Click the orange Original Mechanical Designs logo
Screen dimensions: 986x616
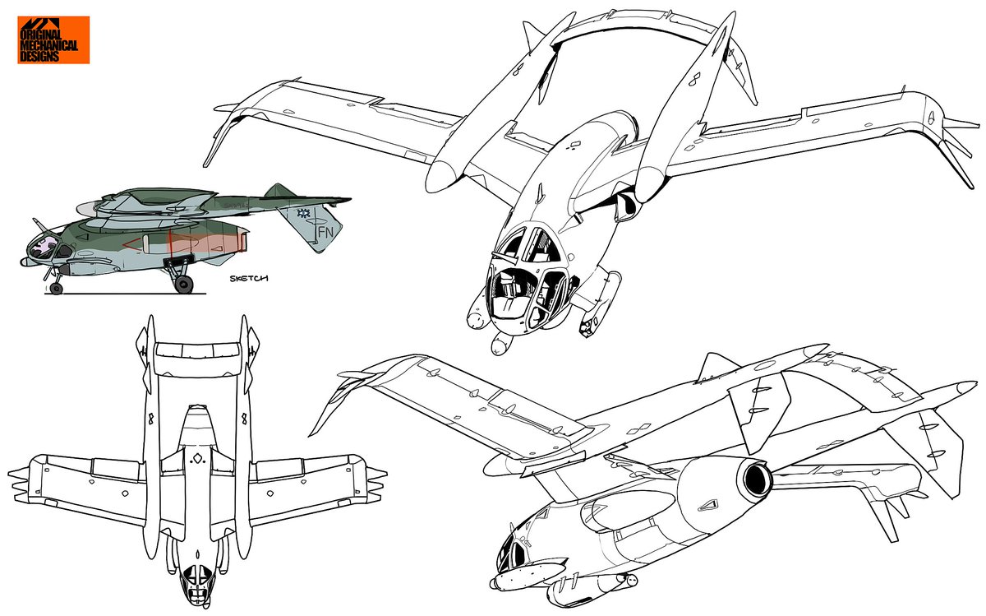pyautogui.click(x=53, y=40)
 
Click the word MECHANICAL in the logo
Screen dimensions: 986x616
pyautogui.click(x=48, y=45)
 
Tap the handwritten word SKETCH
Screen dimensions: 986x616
pyautogui.click(x=249, y=278)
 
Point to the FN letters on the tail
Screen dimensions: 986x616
pyautogui.click(x=325, y=232)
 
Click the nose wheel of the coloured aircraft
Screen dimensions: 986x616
pyautogui.click(x=57, y=288)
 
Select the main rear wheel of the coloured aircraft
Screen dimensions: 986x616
pyautogui.click(x=183, y=285)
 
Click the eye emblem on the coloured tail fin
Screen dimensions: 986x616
pyautogui.click(x=302, y=214)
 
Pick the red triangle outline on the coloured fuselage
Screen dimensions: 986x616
pyautogui.click(x=133, y=244)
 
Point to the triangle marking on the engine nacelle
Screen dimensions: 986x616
pyautogui.click(x=708, y=505)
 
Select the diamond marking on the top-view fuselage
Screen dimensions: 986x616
pyautogui.click(x=198, y=459)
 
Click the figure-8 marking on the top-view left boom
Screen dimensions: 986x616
pyautogui.click(x=151, y=417)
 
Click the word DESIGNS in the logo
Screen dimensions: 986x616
pyautogui.click(x=39, y=56)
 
